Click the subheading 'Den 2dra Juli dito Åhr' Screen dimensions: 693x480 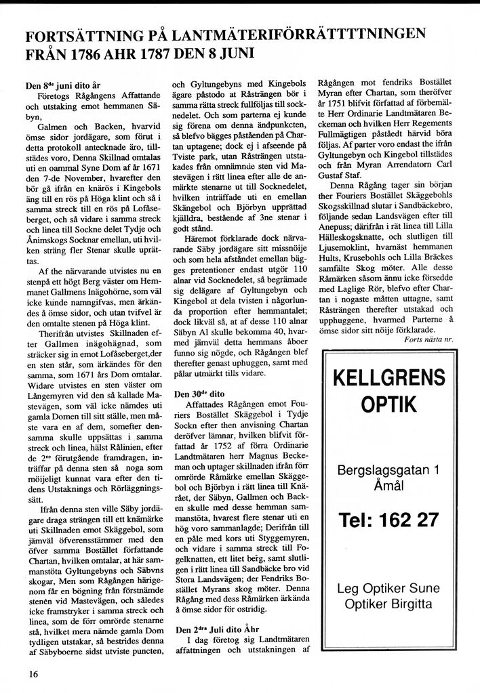click(x=219, y=629)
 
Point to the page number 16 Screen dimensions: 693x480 click(x=33, y=673)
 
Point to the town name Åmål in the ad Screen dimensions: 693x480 click(x=388, y=486)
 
